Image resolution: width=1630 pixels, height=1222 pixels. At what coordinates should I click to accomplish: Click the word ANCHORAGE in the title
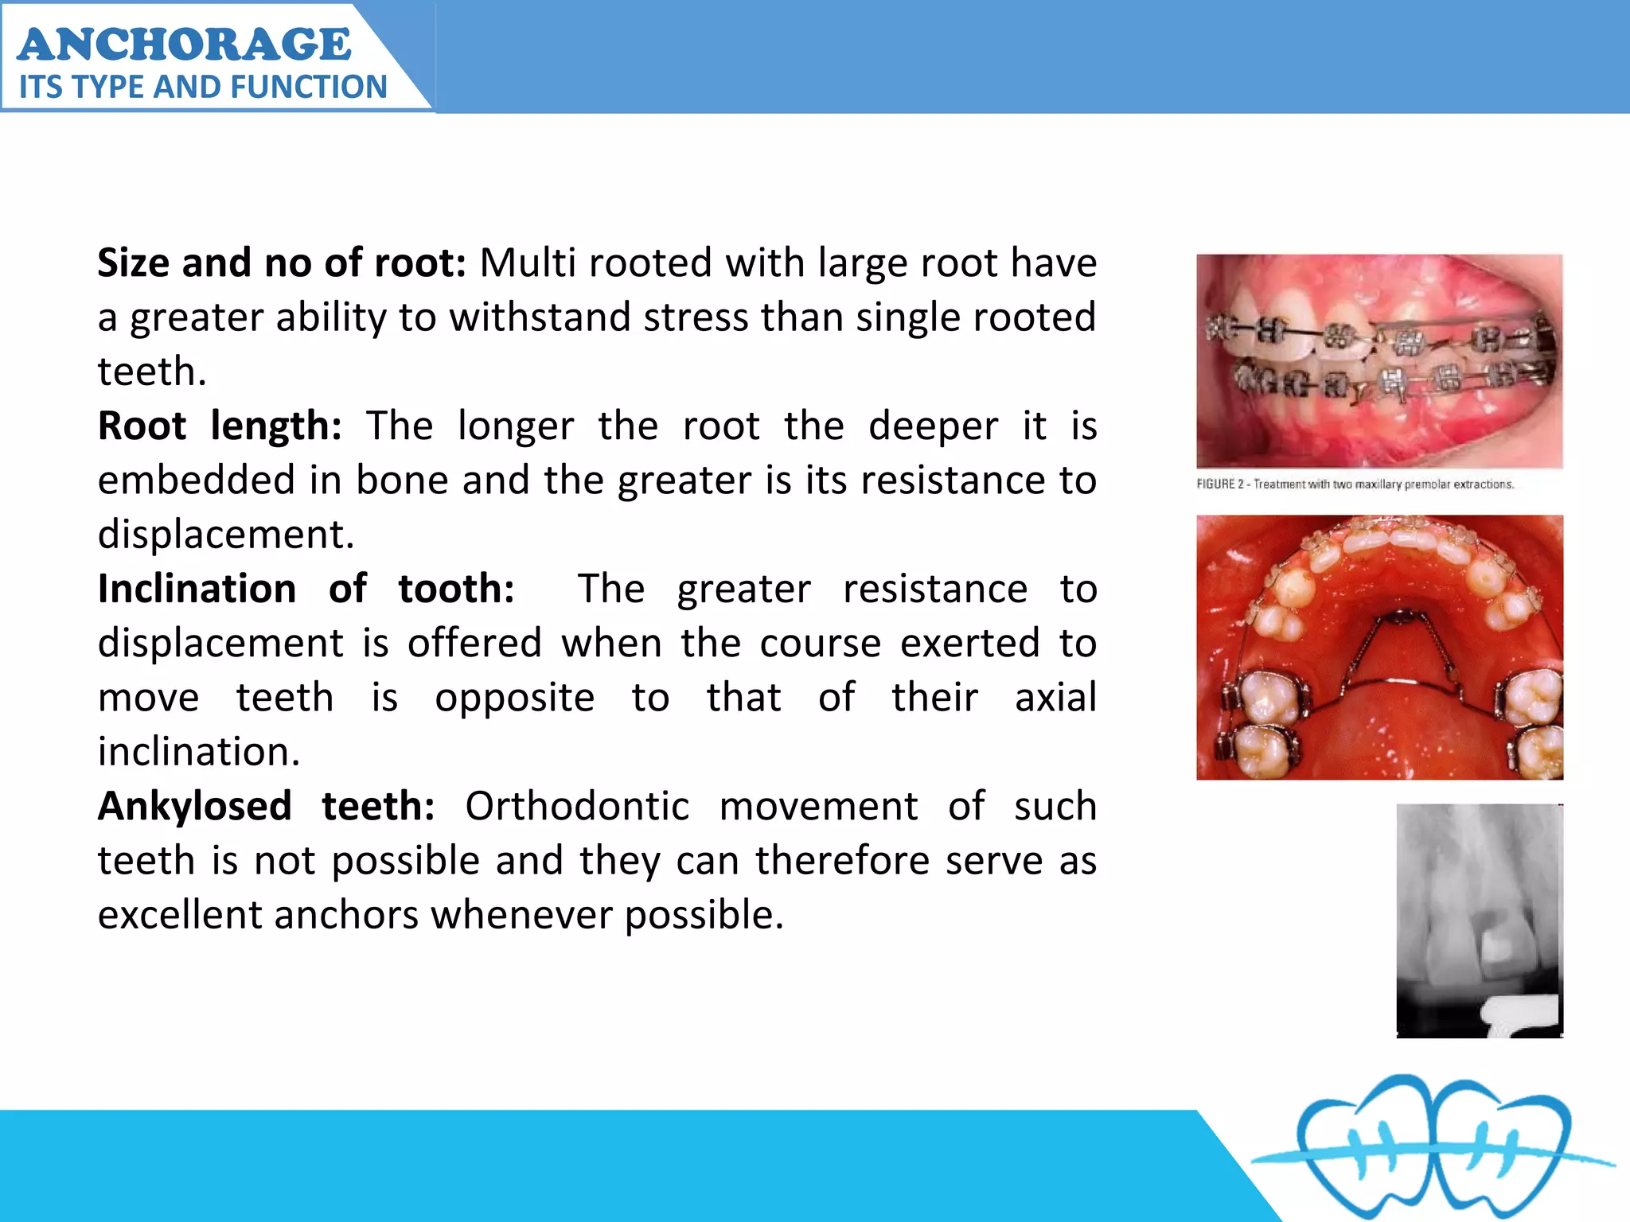click(x=184, y=44)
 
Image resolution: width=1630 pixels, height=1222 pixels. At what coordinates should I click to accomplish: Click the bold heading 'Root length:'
click(x=219, y=426)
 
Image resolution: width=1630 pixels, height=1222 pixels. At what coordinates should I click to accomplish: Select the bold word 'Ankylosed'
click(x=194, y=806)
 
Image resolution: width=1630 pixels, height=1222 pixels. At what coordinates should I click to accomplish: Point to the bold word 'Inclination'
click(x=197, y=589)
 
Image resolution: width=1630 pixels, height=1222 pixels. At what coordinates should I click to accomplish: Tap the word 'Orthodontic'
click(x=576, y=806)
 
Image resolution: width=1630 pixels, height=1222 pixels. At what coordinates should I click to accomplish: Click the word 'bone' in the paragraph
click(x=402, y=480)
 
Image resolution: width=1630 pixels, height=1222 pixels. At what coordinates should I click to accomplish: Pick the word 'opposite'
click(x=514, y=698)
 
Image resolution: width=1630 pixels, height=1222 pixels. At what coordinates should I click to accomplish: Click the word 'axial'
click(x=1055, y=698)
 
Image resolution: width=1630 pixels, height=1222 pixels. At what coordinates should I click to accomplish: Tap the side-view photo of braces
click(x=1379, y=360)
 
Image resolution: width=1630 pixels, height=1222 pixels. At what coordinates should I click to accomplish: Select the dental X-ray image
click(x=1480, y=920)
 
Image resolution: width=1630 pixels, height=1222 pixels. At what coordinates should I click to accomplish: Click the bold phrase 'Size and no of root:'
click(x=281, y=263)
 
